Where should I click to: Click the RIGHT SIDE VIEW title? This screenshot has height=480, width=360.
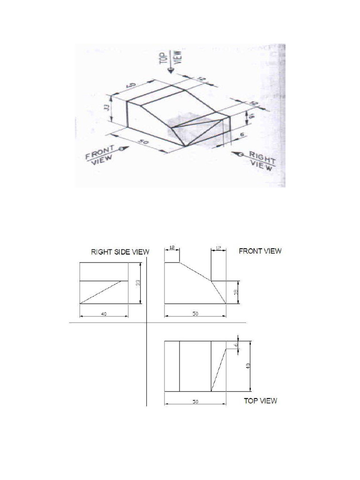(x=120, y=252)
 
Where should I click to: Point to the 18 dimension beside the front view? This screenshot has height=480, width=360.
(x=237, y=292)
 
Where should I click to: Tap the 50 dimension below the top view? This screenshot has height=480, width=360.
(x=195, y=402)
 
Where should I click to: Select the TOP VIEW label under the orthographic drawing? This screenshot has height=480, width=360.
(x=260, y=401)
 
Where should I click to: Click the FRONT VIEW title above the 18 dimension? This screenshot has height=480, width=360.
(x=260, y=251)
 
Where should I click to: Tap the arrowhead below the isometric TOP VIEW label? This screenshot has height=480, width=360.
(x=172, y=70)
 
